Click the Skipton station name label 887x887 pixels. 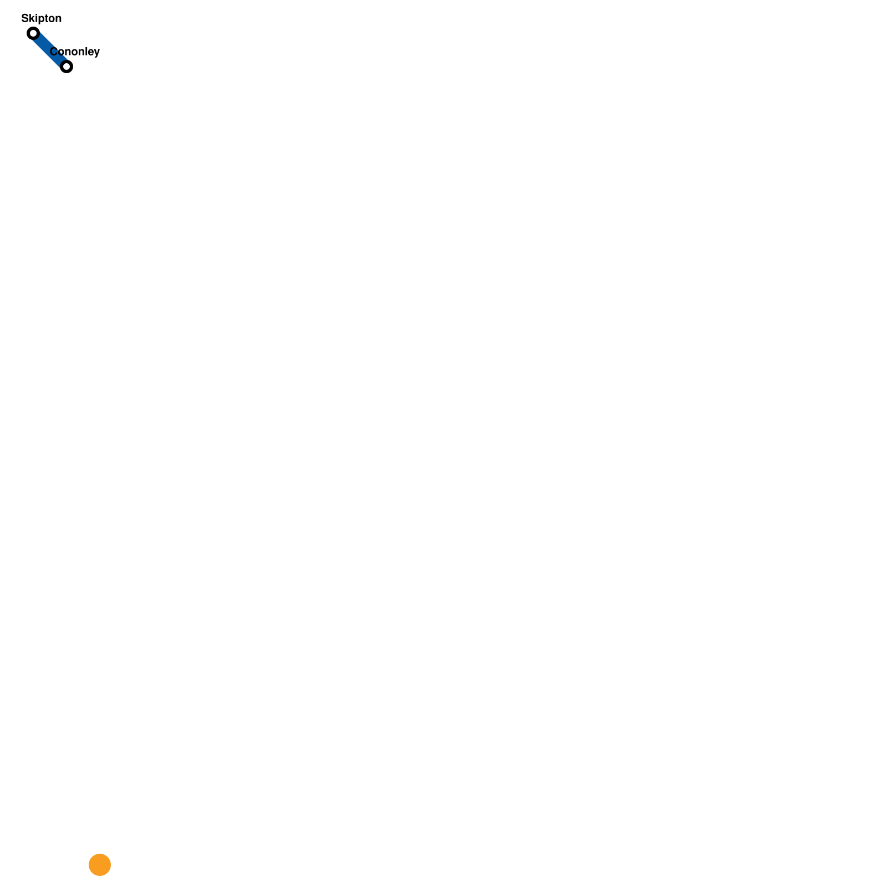(x=42, y=18)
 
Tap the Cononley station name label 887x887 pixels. (x=75, y=52)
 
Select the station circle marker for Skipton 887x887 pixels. (x=33, y=33)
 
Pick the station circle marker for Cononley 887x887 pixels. (x=67, y=67)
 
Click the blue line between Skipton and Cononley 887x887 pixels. (x=50, y=50)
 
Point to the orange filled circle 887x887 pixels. (x=100, y=865)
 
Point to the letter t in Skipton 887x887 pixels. (x=44, y=18)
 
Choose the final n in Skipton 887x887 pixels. (x=58, y=19)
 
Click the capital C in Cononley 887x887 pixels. (x=54, y=52)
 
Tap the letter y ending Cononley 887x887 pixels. (x=97, y=53)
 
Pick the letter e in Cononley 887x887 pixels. (x=91, y=52)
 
